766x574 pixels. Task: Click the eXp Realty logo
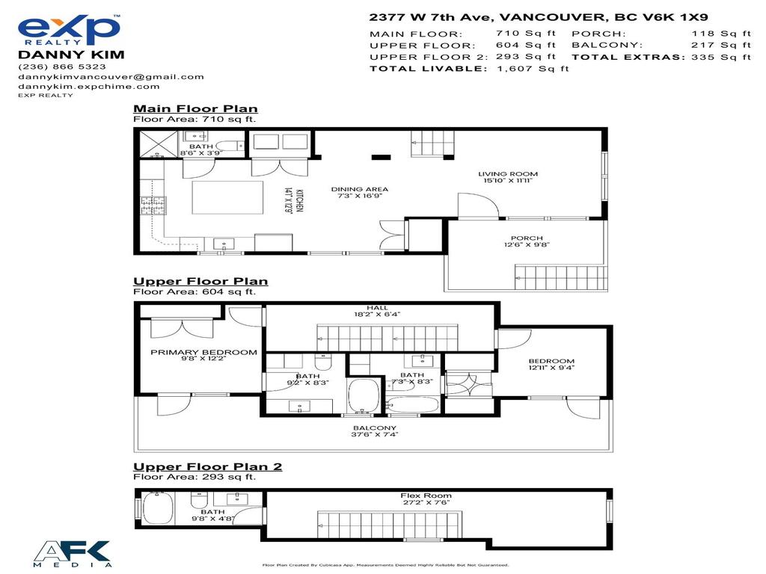coord(69,31)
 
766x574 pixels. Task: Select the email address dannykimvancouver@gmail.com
coord(111,76)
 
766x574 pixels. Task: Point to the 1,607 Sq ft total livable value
coord(533,68)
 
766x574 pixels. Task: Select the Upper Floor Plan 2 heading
coord(207,467)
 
